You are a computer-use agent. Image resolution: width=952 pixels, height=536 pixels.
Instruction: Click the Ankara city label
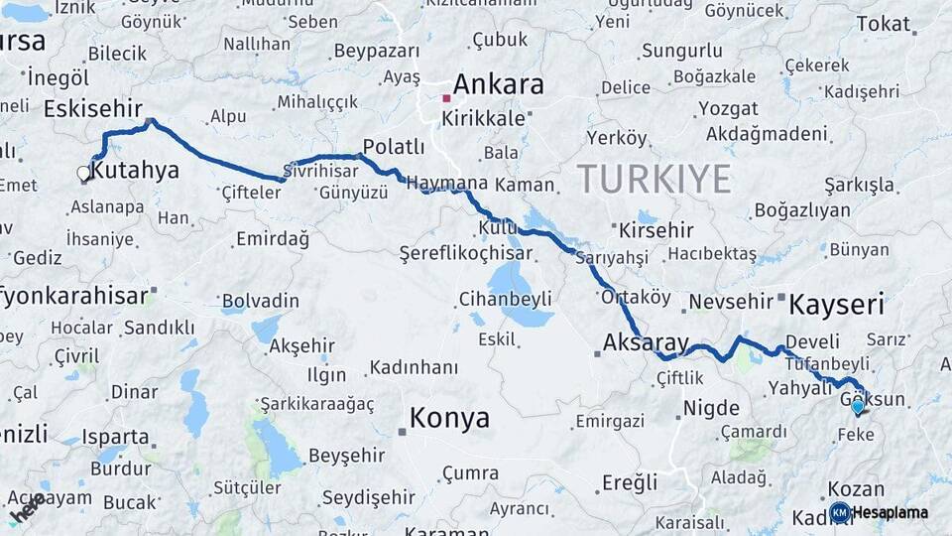coord(498,84)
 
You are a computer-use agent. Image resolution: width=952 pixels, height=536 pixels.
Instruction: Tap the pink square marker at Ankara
coord(447,98)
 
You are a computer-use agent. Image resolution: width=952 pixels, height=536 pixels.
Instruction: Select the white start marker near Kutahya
coord(84,174)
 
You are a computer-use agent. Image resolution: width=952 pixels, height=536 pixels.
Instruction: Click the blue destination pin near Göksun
coord(858,406)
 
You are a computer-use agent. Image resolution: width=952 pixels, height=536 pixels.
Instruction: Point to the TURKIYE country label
coord(654,180)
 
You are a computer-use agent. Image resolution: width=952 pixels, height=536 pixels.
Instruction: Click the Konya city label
coord(449,418)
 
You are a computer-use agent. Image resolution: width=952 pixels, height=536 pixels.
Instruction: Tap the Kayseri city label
coord(836,304)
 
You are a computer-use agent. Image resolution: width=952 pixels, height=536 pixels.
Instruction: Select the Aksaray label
coord(646,343)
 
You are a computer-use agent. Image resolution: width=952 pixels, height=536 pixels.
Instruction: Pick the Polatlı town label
coord(394,147)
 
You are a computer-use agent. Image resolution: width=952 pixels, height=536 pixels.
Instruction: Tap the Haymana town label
coord(447,184)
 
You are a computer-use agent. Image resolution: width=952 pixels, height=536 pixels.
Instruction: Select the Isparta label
coord(115,437)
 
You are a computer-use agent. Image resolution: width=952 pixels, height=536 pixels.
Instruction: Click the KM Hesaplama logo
coord(881,512)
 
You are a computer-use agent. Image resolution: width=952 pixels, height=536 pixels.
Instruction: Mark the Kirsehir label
coord(655,230)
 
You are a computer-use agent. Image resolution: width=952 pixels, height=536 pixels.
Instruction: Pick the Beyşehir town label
coord(346,455)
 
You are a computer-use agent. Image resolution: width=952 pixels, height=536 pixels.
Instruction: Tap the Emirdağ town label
coord(273,239)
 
